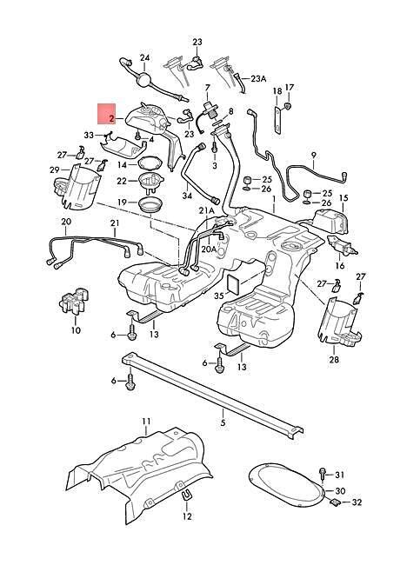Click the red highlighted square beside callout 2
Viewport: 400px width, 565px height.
coord(107,114)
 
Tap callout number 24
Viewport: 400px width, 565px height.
coord(144,57)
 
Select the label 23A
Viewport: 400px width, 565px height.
coord(258,79)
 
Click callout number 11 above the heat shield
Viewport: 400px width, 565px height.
coord(146,422)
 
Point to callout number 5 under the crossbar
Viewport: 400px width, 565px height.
coord(223,422)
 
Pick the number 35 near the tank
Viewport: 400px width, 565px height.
coord(219,296)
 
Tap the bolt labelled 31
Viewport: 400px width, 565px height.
coord(323,474)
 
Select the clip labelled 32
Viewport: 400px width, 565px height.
coord(335,502)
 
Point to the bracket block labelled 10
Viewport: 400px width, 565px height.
coord(74,300)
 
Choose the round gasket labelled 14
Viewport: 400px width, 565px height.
coord(148,163)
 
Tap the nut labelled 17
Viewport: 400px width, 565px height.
coord(289,105)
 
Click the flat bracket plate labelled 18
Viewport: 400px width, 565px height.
coord(277,120)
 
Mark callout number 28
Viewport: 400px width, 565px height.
coord(334,359)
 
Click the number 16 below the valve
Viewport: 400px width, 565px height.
coord(340,266)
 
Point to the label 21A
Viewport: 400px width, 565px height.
coord(206,210)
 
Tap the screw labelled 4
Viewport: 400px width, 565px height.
coord(137,136)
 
